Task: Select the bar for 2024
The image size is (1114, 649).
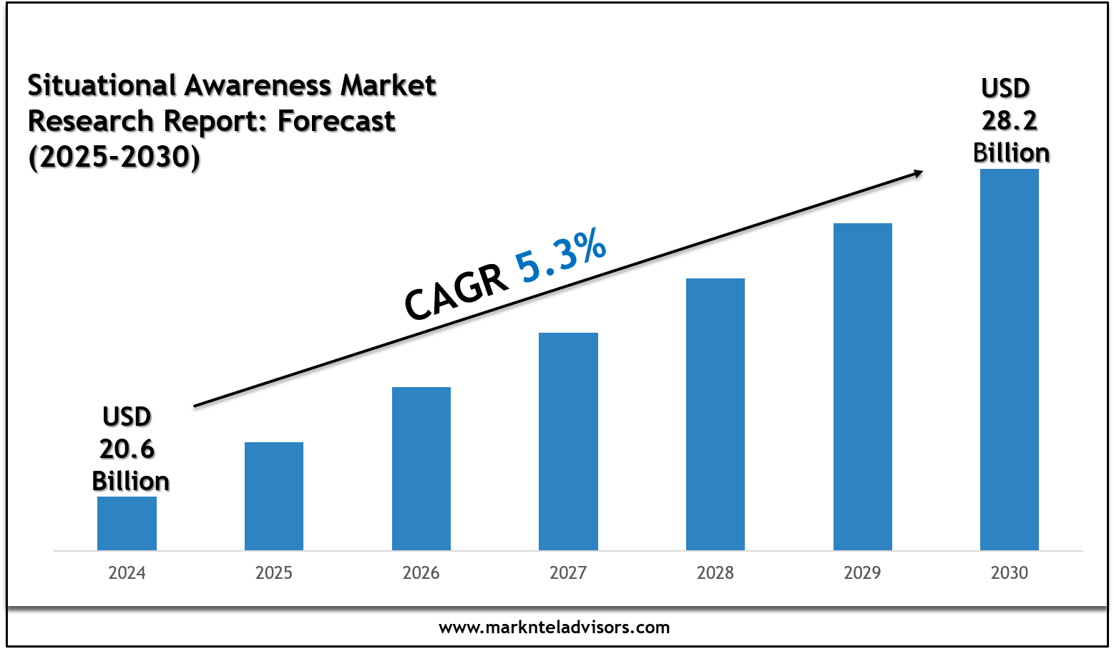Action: pos(127,523)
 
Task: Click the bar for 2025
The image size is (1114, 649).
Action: pos(274,496)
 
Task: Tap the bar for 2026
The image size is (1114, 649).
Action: pos(421,469)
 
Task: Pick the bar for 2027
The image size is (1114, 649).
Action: pos(568,441)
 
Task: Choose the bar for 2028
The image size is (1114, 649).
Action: pos(715,414)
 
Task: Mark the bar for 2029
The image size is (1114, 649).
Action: pos(863,386)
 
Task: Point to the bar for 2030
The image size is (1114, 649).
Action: pos(1010,359)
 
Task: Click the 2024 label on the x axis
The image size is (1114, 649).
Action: pos(127,573)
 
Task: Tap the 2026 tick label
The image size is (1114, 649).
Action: pos(421,573)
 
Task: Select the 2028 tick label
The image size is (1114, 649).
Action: pos(715,573)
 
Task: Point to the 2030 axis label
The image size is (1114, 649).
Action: pos(1010,573)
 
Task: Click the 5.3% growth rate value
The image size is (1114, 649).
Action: pos(562,256)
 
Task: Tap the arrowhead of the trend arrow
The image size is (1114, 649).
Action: pos(916,172)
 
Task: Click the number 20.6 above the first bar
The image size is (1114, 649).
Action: pos(127,449)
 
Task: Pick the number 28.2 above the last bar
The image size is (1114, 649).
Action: pos(1010,121)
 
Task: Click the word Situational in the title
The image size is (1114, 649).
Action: pos(102,86)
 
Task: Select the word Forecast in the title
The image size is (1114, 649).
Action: pos(336,122)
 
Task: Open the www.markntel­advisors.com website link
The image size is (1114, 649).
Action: pos(554,628)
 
